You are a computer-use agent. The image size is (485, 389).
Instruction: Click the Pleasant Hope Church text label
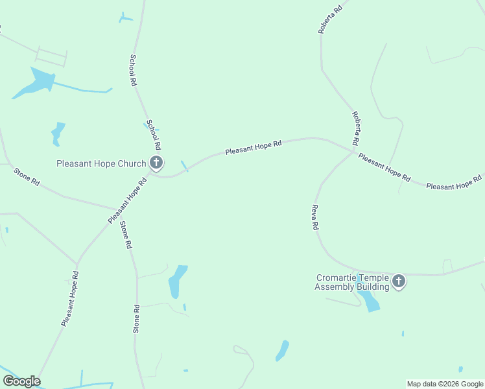[101, 163]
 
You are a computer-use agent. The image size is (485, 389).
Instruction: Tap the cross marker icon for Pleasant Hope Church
[156, 162]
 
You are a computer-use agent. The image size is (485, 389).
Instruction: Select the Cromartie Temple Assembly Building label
[352, 281]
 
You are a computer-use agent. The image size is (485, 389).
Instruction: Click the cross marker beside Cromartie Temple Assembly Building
[398, 281]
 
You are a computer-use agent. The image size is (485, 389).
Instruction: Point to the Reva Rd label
[315, 218]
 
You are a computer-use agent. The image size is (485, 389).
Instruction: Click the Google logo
[21, 381]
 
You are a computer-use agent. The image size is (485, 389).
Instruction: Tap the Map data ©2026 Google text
[445, 384]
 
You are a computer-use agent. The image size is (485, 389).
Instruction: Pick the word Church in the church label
[132, 163]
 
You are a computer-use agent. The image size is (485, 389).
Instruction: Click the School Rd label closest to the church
[154, 135]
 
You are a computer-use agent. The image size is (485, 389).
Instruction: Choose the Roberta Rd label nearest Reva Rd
[356, 128]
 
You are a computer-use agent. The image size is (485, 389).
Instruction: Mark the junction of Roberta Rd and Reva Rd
[354, 152]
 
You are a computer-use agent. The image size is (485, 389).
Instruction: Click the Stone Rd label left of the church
[27, 177]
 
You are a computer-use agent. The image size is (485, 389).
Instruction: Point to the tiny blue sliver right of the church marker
[185, 166]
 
